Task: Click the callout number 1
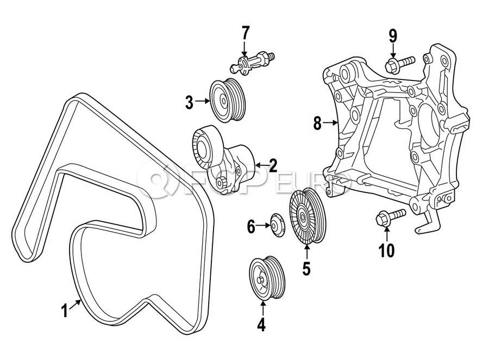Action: tap(64, 312)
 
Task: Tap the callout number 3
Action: tap(189, 102)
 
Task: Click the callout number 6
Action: tap(251, 226)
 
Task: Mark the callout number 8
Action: tap(318, 123)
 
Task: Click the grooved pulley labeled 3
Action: tap(228, 101)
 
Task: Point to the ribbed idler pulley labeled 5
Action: tap(306, 218)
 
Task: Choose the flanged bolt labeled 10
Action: tap(390, 218)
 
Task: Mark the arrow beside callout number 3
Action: tap(202, 101)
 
